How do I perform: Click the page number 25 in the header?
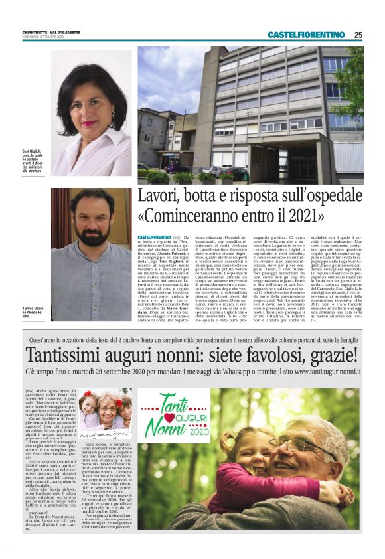pos(358,35)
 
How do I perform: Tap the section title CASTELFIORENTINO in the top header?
pos(307,35)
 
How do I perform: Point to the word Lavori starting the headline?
pos(158,197)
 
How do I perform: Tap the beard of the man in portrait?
pos(91,234)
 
